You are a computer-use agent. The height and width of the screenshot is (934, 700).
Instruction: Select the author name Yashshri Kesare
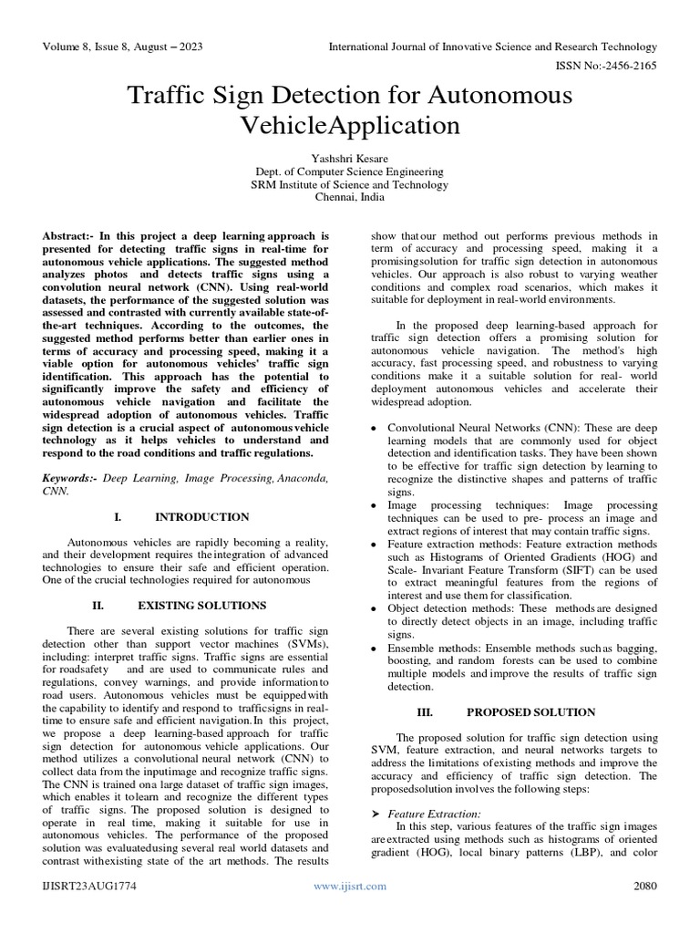tap(349, 157)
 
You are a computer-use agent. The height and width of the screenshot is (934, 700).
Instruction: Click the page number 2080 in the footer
tap(644, 885)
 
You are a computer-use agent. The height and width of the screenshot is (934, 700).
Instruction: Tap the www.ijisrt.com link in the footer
tap(350, 885)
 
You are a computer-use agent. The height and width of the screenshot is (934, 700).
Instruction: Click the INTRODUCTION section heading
tap(202, 516)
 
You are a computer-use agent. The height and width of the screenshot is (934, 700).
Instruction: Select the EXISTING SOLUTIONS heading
tap(201, 605)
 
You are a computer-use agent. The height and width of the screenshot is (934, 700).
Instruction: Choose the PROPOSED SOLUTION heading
tap(530, 711)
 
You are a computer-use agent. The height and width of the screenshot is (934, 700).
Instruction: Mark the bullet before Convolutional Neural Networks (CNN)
tap(375, 428)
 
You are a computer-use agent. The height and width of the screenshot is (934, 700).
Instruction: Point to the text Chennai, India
tap(349, 197)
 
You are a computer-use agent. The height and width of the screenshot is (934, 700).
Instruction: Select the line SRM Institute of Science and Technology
tap(349, 184)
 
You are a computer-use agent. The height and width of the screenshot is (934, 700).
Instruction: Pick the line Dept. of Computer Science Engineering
tap(349, 171)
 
